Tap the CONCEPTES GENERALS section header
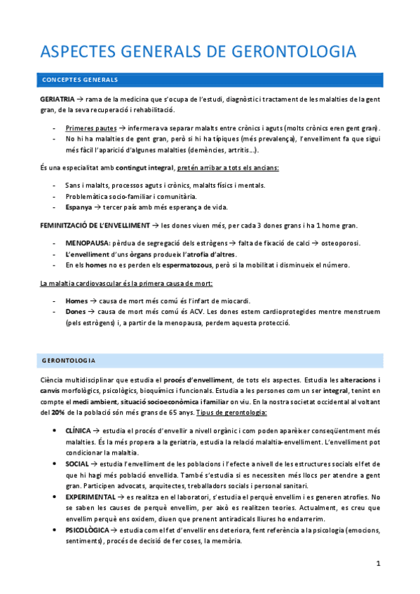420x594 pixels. tap(79, 80)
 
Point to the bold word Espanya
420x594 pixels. tap(78, 207)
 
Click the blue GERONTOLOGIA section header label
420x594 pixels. tap(69, 360)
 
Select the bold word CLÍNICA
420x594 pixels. tap(78, 431)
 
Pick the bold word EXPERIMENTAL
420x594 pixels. tap(91, 497)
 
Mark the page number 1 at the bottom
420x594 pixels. tap(378, 564)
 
